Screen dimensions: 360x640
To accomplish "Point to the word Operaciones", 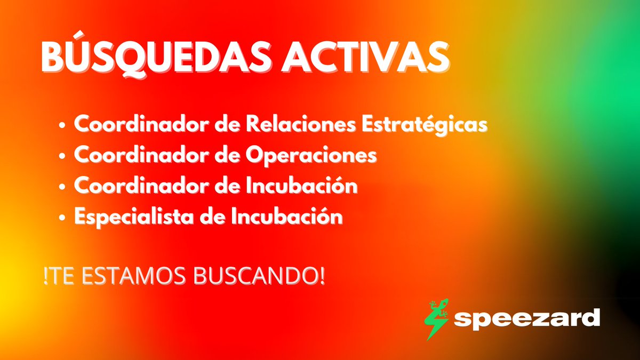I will click(x=311, y=156).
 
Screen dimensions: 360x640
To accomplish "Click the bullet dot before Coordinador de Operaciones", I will click(x=63, y=157).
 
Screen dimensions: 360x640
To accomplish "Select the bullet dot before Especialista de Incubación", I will click(x=63, y=219).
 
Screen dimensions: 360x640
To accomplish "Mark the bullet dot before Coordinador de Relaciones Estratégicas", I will click(x=63, y=126).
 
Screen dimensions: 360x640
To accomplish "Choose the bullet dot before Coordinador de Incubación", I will click(x=63, y=188).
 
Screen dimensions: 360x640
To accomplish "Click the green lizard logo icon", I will click(x=436, y=318).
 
